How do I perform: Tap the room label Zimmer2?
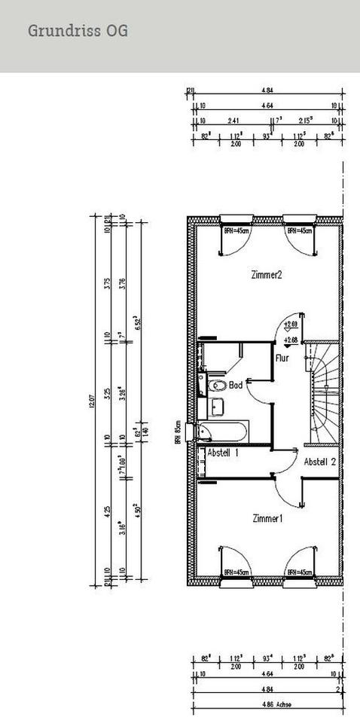point(267,275)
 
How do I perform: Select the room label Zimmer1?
point(267,519)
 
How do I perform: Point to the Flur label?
point(282,359)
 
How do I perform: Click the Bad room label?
point(236,384)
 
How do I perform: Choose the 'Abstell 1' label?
point(223,453)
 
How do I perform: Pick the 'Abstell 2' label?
point(319,462)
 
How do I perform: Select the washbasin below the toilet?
point(218,407)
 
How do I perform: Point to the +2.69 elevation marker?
point(289,325)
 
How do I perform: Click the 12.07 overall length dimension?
point(91,404)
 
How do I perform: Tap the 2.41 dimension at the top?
point(233,120)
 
